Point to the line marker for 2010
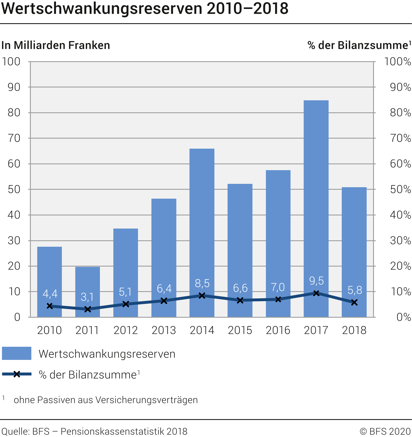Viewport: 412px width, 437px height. click(x=50, y=306)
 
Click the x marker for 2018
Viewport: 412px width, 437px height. click(x=354, y=302)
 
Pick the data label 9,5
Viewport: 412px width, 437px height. click(x=316, y=281)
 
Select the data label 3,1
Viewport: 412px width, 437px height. click(x=87, y=297)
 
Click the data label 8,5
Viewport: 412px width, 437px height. click(x=202, y=284)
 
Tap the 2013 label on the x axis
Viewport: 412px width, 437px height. click(x=164, y=330)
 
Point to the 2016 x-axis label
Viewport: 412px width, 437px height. click(x=278, y=330)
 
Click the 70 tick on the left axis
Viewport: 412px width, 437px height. click(x=14, y=138)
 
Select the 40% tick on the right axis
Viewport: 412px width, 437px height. click(x=400, y=215)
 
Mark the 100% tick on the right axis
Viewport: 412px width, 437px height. click(x=397, y=61)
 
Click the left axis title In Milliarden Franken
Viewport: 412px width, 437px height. click(x=56, y=45)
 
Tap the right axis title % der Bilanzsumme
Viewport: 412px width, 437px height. click(x=358, y=45)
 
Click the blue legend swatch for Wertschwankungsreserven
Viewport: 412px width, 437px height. click(x=17, y=353)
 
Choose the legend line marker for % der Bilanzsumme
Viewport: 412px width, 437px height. click(x=17, y=374)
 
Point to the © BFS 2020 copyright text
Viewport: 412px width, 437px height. click(x=385, y=431)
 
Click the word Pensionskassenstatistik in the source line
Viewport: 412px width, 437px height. click(x=112, y=431)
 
